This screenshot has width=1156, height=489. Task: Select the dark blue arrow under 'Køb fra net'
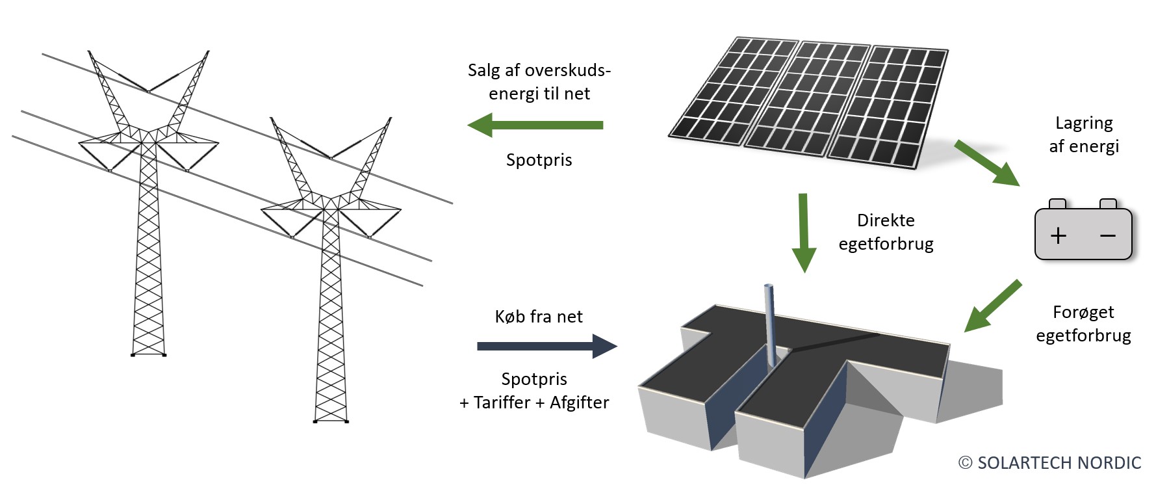546,346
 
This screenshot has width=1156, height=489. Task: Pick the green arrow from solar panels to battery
986,163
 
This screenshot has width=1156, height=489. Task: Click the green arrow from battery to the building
992,306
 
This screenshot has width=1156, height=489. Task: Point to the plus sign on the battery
1058,235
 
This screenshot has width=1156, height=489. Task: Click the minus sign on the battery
1107,235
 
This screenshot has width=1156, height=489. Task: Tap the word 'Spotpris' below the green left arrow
539,160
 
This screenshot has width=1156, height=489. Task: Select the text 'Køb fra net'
539,317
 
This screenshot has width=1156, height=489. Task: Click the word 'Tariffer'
502,403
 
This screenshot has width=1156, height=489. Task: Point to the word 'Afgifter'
579,403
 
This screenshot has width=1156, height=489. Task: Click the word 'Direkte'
885,220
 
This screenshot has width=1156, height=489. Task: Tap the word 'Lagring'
1084,123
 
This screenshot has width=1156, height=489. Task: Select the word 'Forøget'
1083,313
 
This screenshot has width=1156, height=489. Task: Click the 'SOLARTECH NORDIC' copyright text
1059,463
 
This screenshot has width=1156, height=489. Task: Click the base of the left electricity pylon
149,354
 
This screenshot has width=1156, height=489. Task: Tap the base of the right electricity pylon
331,421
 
